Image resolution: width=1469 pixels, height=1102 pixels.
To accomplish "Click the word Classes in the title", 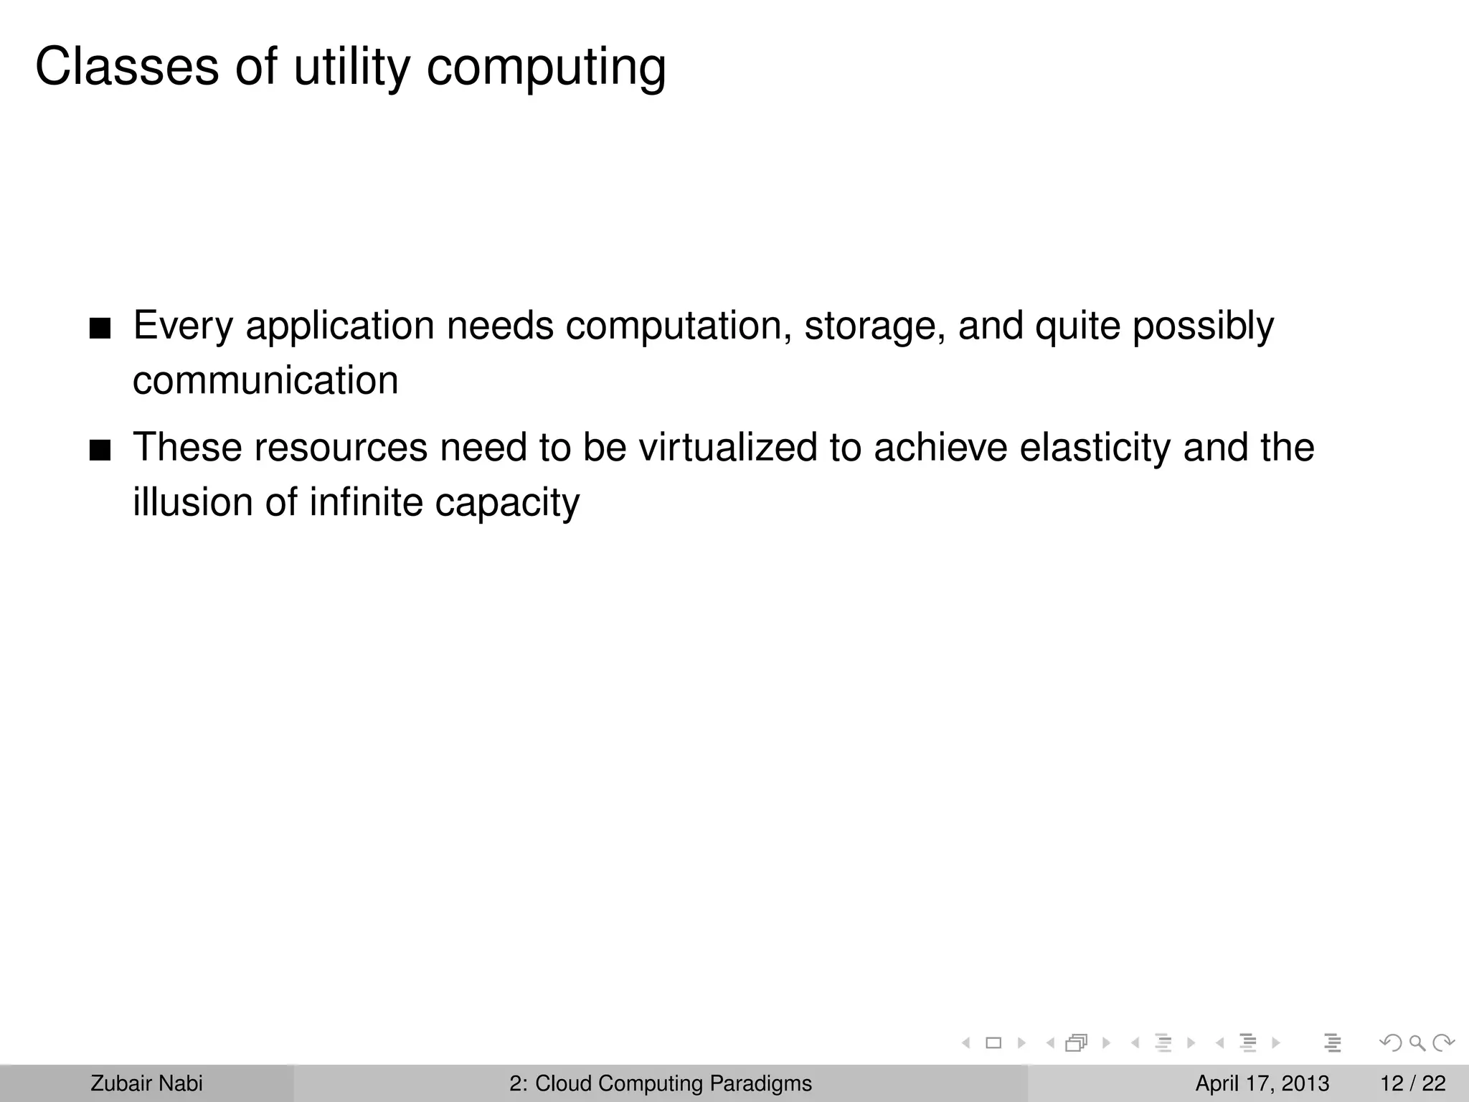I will click(127, 67).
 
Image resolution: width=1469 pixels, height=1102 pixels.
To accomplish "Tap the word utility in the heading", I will click(351, 67).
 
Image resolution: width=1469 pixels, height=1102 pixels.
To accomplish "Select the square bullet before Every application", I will click(100, 330).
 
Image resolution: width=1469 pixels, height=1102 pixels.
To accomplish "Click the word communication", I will click(265, 380).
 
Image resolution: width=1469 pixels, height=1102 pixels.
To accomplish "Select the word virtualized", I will click(728, 447).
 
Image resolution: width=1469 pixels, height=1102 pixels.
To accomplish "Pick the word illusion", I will click(193, 501).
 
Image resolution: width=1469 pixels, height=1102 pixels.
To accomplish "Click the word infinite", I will click(366, 501).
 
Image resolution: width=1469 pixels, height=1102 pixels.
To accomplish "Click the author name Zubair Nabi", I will click(146, 1083).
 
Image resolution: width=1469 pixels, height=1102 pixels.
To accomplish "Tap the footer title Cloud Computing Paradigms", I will click(673, 1083).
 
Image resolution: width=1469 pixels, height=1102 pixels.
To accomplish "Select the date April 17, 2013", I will click(1262, 1083).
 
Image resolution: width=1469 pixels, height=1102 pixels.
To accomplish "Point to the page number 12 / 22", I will click(1412, 1083).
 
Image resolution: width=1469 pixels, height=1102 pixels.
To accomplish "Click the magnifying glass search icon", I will click(1417, 1043).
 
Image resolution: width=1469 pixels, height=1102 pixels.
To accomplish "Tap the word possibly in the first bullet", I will click(1203, 326).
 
